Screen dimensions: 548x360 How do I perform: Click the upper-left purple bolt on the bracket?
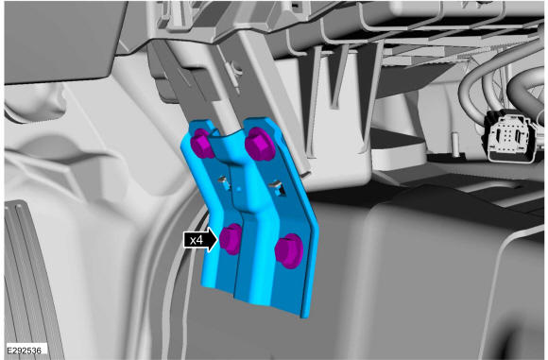201,143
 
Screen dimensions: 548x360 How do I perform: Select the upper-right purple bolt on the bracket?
260,144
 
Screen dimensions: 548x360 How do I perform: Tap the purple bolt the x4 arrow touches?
231,239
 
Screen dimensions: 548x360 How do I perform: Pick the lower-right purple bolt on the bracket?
289,250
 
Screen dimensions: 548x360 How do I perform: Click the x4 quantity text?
197,240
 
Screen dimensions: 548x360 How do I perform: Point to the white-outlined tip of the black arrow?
218,239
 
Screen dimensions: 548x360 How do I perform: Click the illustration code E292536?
25,351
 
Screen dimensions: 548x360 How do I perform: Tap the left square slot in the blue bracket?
223,182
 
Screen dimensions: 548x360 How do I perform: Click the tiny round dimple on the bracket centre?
239,189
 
